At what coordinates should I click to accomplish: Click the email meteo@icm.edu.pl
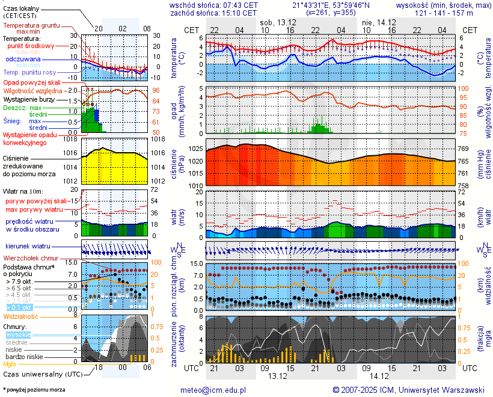pyautogui.click(x=213, y=390)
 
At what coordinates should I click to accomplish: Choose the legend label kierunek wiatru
pyautogui.click(x=28, y=246)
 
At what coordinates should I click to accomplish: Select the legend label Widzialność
pyautogui.click(x=20, y=316)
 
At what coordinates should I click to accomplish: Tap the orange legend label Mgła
pyautogui.click(x=9, y=364)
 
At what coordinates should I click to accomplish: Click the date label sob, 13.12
pyautogui.click(x=278, y=22)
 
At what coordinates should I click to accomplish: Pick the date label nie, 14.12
pyautogui.click(x=379, y=22)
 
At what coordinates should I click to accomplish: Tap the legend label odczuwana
pyautogui.click(x=23, y=60)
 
